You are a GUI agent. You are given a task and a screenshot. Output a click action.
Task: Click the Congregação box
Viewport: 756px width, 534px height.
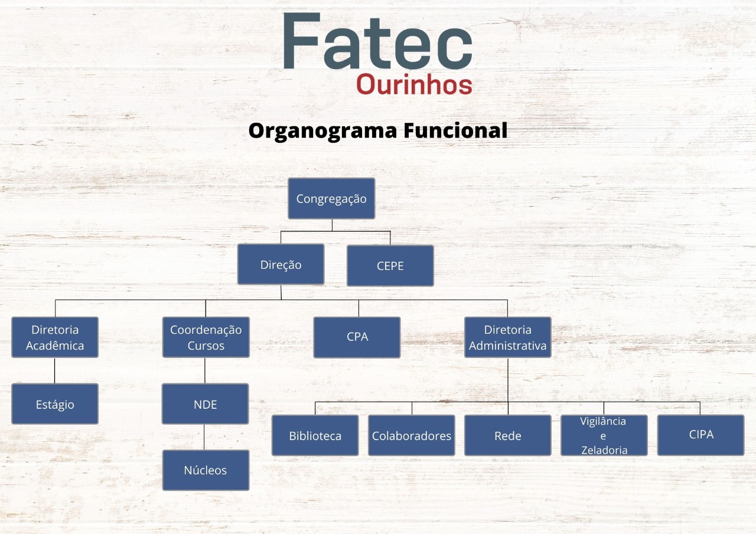coord(331,198)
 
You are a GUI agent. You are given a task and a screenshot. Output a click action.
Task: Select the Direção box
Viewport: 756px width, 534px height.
coord(281,265)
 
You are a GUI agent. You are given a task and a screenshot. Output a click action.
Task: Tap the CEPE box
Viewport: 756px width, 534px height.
coord(390,266)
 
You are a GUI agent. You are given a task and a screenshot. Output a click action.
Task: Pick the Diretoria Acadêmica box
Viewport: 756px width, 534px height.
coord(55,337)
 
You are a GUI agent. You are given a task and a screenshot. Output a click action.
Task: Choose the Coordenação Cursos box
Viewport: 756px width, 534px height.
coord(206,337)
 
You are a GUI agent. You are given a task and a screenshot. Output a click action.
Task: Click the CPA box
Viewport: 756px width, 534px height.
coord(357,337)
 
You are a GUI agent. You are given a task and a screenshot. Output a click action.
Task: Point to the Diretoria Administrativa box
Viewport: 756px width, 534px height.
coord(507,337)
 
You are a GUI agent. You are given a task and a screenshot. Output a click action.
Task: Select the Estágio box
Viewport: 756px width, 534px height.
coord(55,404)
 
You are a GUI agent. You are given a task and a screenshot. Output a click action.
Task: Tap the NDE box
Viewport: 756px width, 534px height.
coord(205,404)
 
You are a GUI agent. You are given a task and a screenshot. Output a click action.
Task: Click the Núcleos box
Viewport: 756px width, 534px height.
coord(206,470)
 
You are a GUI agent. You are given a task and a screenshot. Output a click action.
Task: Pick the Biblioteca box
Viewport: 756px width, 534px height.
coord(315,435)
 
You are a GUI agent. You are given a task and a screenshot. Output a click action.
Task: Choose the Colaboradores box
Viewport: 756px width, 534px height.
coord(411,435)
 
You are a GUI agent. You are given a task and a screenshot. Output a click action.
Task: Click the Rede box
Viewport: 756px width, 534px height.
coord(507,435)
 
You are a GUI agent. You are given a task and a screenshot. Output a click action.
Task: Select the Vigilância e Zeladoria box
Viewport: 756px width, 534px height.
coord(604,435)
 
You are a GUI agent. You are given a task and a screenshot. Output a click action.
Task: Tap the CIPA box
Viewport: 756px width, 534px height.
coord(700,435)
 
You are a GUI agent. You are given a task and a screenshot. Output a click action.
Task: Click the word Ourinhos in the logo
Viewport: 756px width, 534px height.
coord(414,84)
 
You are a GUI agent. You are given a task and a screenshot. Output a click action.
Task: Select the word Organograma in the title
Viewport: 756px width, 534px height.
coord(322,131)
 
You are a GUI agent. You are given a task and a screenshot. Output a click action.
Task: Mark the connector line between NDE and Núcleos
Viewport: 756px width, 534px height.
coord(205,437)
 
